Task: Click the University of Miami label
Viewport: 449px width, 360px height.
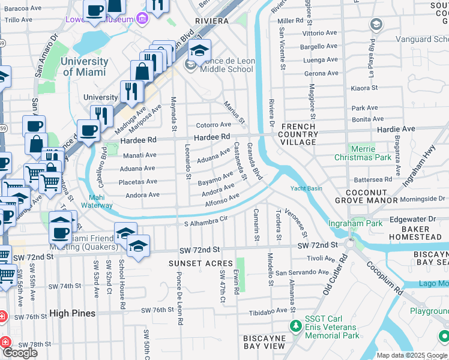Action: click(x=84, y=67)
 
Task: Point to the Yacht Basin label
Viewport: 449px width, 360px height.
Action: click(x=307, y=188)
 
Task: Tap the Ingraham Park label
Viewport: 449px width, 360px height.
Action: click(x=355, y=223)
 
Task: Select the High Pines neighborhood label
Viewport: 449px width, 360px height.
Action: click(x=68, y=313)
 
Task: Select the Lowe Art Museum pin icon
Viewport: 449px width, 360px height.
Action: click(x=143, y=19)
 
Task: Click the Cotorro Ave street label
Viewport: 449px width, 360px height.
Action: click(x=214, y=125)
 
